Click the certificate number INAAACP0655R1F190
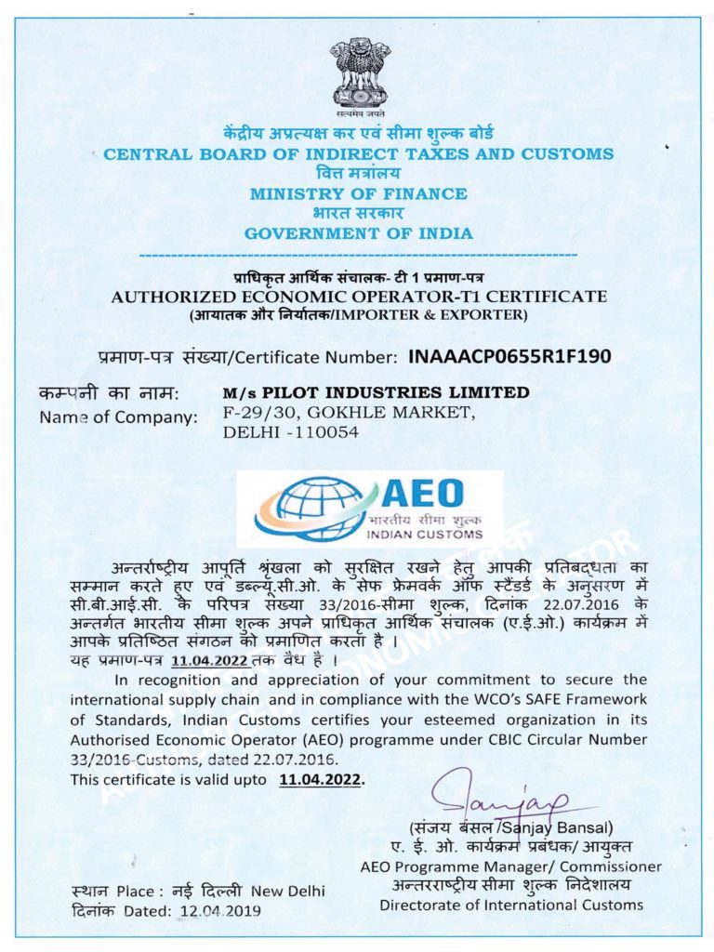coord(509,356)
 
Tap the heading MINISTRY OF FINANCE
coord(358,193)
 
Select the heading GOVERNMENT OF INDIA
coord(358,233)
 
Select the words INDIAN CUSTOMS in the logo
coord(425,535)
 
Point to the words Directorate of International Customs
coord(510,904)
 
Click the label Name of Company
coord(118,416)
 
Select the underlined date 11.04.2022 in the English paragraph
coord(320,779)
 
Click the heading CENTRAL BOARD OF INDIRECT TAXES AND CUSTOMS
coord(358,154)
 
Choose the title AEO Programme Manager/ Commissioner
coord(510,866)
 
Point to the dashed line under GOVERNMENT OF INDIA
coord(358,254)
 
